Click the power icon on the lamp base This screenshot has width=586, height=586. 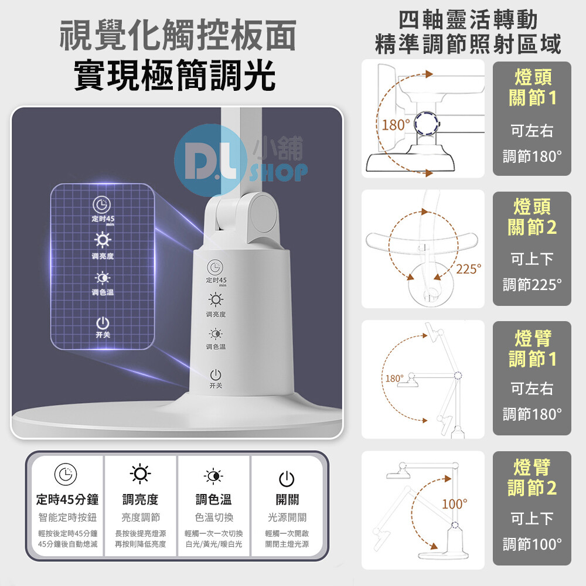[216, 374]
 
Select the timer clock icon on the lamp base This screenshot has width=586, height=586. [215, 268]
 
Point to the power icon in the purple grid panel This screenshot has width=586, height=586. [103, 323]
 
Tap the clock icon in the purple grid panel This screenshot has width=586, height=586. [101, 205]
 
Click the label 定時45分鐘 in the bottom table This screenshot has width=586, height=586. [67, 499]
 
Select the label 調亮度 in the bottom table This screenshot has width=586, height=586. [140, 499]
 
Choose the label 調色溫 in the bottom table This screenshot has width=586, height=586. [213, 499]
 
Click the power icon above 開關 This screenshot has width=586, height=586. [287, 479]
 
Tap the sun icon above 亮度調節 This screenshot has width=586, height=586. [140, 474]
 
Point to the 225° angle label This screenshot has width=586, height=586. [469, 269]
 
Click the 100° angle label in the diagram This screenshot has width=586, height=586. [455, 504]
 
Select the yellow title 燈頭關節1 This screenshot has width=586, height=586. [532, 87]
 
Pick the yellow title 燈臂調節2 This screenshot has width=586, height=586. [532, 477]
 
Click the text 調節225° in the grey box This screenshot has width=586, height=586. [532, 285]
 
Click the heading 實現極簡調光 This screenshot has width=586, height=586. [175, 75]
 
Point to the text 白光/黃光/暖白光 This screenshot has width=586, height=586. [214, 544]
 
